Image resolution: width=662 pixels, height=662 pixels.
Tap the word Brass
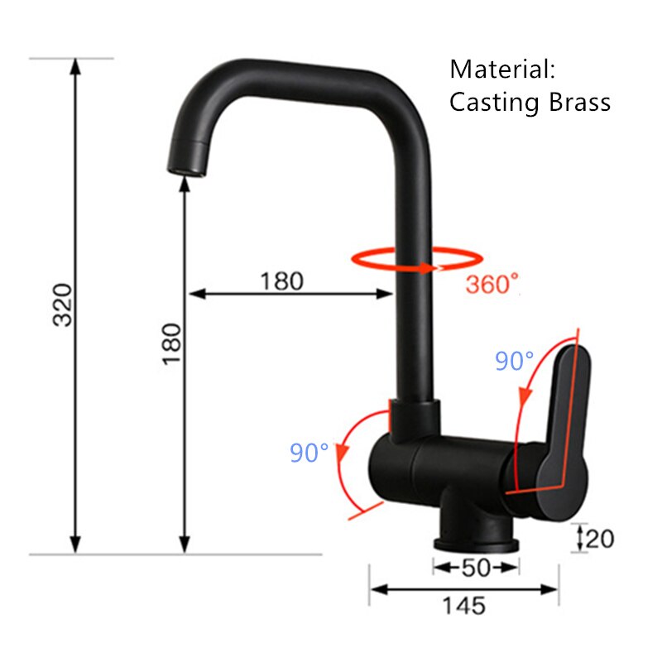pyautogui.click(x=578, y=102)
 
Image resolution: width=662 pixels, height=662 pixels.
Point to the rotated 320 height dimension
pyautogui.click(x=63, y=305)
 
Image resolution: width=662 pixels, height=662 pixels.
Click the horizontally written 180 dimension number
pyautogui.click(x=281, y=281)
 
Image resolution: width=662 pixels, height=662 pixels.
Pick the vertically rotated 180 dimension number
pyautogui.click(x=170, y=344)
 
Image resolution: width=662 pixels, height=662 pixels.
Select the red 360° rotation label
pyautogui.click(x=492, y=284)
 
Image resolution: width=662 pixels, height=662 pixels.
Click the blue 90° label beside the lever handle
pyautogui.click(x=514, y=362)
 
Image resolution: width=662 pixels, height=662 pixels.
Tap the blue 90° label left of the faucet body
pyautogui.click(x=309, y=453)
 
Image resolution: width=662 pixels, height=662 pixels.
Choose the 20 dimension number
pyautogui.click(x=599, y=539)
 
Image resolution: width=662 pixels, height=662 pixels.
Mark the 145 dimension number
pyautogui.click(x=463, y=606)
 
